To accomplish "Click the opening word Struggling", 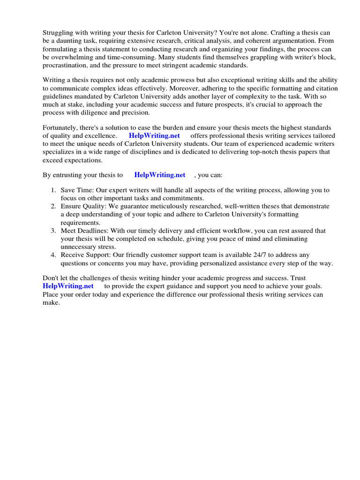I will click(59, 33).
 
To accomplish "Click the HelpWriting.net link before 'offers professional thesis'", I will click(154, 136).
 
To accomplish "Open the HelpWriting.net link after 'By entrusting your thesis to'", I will click(160, 175).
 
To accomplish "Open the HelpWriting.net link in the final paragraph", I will click(68, 286).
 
